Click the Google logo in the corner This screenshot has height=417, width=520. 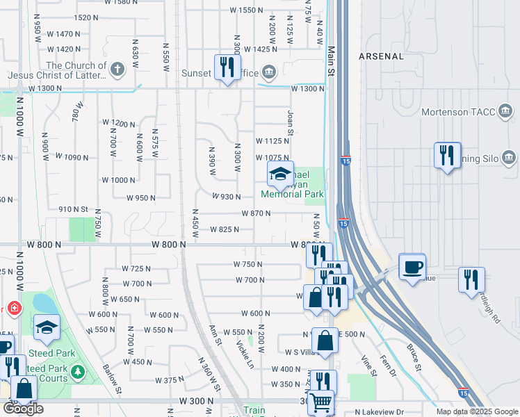coord(22,409)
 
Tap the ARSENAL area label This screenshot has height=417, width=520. coord(381,56)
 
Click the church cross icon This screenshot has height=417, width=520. coord(117,69)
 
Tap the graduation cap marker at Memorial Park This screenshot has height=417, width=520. coord(279,174)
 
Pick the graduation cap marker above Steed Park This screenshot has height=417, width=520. coord(47,327)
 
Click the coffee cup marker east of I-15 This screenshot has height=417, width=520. coord(412,265)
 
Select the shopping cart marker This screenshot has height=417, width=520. coord(320,402)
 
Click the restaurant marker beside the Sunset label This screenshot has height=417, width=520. coord(227,67)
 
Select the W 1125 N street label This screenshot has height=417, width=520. coord(272,141)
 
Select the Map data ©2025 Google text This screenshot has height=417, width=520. coord(477,411)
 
